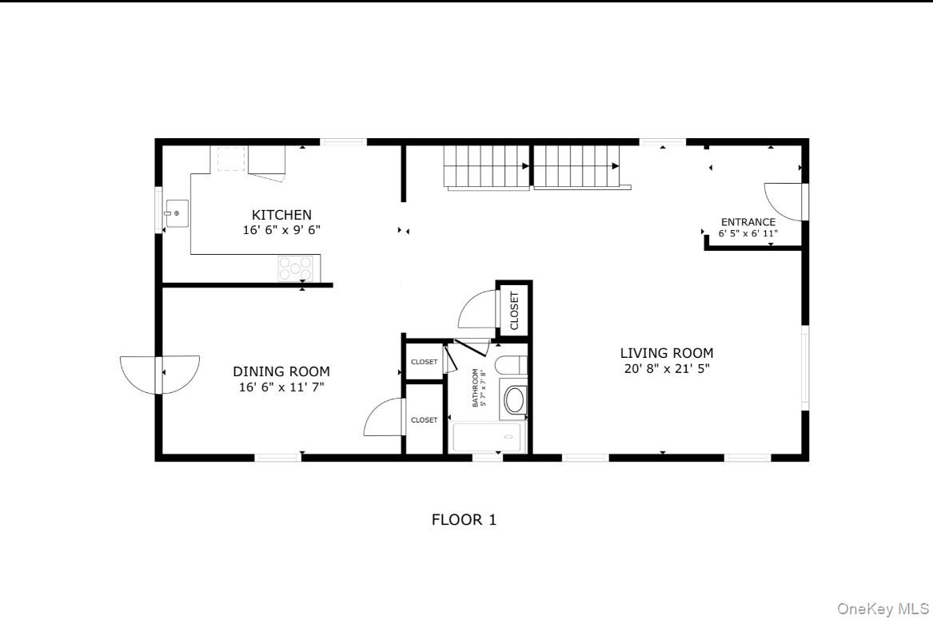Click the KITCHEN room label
(281, 215)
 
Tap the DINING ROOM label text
(281, 371)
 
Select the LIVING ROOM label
(667, 353)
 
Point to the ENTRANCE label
(748, 222)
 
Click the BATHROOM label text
(475, 387)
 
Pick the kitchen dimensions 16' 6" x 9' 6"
(281, 230)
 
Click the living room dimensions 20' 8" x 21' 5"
(667, 368)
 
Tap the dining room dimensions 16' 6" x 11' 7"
(281, 387)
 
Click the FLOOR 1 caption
(464, 520)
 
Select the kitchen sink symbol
(177, 213)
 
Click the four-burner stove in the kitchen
(295, 268)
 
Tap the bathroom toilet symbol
(508, 366)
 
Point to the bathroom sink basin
(514, 399)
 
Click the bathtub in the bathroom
(487, 438)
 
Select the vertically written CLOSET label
(514, 311)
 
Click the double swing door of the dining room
(159, 373)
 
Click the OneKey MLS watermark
(883, 609)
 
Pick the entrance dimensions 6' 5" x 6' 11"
(748, 234)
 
